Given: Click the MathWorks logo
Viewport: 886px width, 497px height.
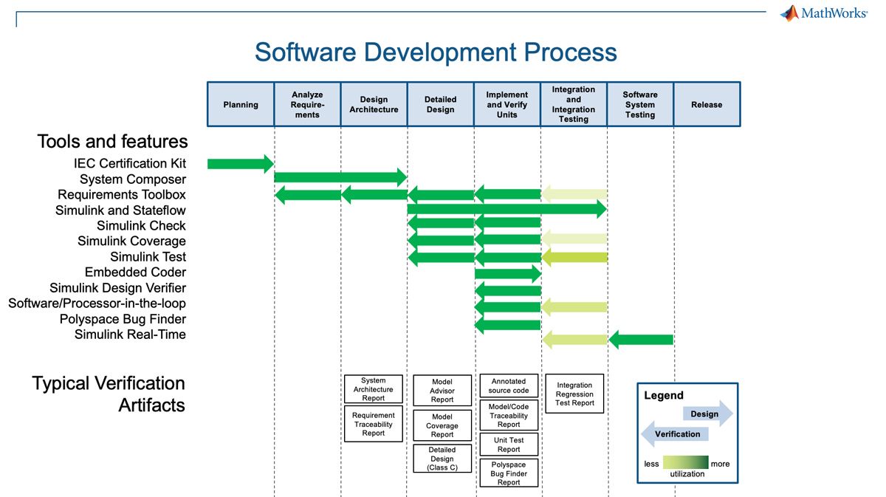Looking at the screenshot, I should tap(823, 13).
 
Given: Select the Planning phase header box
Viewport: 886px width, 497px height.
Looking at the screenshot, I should tap(241, 104).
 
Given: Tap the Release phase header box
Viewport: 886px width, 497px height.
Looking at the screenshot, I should tap(707, 104).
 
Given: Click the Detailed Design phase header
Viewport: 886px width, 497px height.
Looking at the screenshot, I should tap(440, 104).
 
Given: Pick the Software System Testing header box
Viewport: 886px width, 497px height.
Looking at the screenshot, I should tap(640, 104).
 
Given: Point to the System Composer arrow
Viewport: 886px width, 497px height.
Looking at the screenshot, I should tap(340, 177).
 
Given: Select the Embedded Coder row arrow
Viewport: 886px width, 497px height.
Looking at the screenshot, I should tap(508, 273).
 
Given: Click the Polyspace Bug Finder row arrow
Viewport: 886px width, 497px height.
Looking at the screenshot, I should tap(508, 324).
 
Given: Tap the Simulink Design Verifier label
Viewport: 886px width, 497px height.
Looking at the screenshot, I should tap(118, 288).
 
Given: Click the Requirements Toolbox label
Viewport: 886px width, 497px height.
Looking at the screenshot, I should tap(122, 195).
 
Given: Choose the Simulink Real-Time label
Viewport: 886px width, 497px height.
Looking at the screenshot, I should tap(130, 335).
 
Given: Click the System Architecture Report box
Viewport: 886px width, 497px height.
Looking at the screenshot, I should tap(374, 389).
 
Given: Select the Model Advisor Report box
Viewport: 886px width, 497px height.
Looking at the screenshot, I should tap(442, 391).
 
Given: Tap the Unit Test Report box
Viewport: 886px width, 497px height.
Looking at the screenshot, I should tap(509, 445).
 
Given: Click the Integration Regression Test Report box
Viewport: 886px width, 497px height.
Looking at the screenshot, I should tap(574, 394).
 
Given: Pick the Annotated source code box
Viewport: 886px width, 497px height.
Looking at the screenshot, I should tap(509, 385).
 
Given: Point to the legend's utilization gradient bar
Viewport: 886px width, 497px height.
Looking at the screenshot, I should tap(686, 462).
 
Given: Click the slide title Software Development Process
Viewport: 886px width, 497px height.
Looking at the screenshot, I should tap(436, 52).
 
